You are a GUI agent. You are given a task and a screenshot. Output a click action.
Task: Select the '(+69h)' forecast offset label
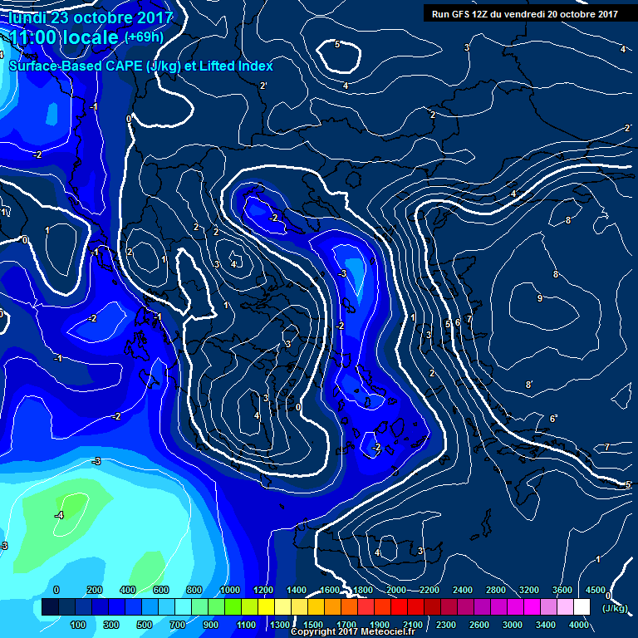click(x=144, y=37)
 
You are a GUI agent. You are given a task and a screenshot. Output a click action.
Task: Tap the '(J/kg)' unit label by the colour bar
click(x=615, y=608)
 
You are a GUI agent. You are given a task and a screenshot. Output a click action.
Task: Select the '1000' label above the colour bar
click(x=230, y=590)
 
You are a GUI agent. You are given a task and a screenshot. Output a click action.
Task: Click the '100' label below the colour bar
click(x=79, y=625)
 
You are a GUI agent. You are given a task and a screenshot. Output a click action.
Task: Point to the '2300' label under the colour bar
click(x=447, y=625)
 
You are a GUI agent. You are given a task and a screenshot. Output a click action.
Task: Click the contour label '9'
click(x=539, y=298)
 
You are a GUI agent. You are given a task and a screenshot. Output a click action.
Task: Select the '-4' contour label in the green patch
click(x=59, y=515)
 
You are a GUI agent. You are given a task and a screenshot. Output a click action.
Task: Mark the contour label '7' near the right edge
click(x=606, y=447)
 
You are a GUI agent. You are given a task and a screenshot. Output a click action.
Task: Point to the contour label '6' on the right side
click(x=553, y=418)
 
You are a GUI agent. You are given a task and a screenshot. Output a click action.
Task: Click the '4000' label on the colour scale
click(x=579, y=625)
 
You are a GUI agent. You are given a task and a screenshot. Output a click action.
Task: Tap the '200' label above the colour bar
click(x=94, y=590)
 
